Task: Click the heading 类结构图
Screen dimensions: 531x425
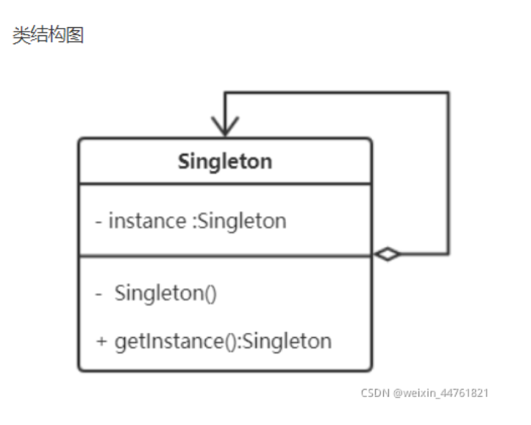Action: coord(49,35)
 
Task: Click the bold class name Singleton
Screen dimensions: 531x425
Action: coord(224,161)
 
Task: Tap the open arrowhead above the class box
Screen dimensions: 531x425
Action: coord(224,126)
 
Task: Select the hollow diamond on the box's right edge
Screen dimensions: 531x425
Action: coord(387,255)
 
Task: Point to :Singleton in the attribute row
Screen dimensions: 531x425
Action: coord(239,221)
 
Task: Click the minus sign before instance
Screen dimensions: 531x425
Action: coord(99,221)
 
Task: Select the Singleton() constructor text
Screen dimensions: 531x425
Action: coord(165,293)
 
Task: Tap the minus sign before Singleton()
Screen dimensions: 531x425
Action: coord(99,293)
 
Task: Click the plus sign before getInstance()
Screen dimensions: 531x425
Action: coord(101,342)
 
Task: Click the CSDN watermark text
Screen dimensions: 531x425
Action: coord(374,393)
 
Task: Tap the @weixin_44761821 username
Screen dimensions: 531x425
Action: coord(441,393)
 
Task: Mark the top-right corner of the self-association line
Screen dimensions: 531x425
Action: coord(448,93)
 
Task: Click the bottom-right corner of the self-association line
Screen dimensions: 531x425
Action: coord(448,255)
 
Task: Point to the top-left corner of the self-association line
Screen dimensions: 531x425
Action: coord(224,93)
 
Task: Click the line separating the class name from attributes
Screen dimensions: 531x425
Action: coord(224,184)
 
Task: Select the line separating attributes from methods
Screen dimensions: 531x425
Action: coord(224,256)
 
